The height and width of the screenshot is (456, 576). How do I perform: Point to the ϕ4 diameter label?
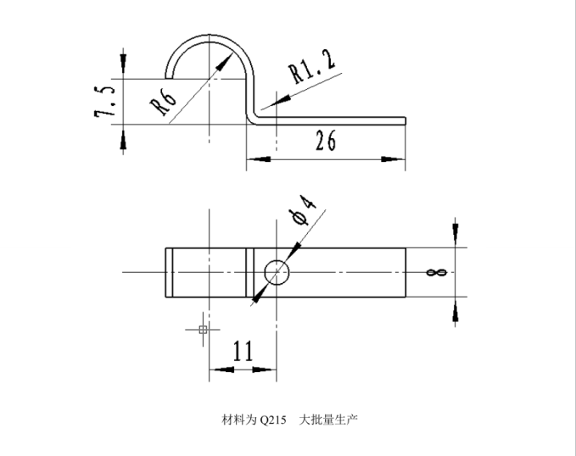tap(303, 209)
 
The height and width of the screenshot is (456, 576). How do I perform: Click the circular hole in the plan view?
tap(277, 273)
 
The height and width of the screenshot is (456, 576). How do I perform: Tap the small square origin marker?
tap(202, 329)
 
